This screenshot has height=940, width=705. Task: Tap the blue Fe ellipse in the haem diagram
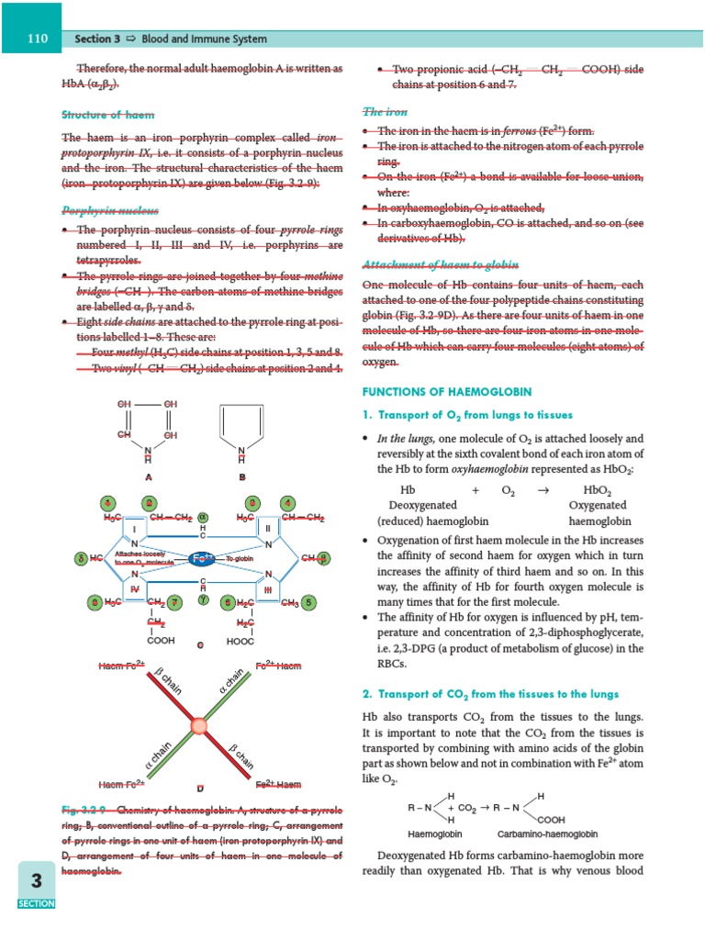click(201, 558)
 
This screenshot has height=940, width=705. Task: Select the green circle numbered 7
click(173, 602)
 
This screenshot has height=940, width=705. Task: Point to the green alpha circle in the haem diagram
click(204, 518)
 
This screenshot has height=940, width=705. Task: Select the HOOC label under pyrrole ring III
click(241, 640)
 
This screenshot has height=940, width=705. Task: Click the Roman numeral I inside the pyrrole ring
click(134, 530)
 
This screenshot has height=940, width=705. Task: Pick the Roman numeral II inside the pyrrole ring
click(267, 530)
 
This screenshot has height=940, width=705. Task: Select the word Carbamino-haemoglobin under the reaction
click(547, 834)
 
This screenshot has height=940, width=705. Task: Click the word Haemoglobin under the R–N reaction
click(434, 834)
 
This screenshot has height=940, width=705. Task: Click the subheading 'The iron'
click(386, 112)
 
